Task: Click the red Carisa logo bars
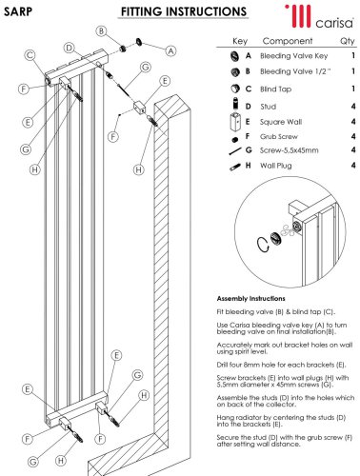tap(298, 16)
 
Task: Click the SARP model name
tap(18, 11)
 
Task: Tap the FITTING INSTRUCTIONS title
tap(184, 12)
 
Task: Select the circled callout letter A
tap(171, 50)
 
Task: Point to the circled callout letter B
tap(101, 31)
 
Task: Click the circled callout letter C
tap(30, 55)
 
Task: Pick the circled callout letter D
tap(69, 48)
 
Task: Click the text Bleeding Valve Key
tap(293, 56)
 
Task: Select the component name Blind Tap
tap(275, 89)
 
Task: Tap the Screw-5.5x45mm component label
tap(289, 150)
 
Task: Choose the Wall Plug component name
tap(275, 166)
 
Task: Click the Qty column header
tap(348, 41)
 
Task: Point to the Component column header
tap(288, 41)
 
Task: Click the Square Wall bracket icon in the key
tap(235, 121)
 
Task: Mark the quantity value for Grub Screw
tap(353, 136)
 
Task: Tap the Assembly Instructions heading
tap(250, 299)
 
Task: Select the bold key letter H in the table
tap(248, 166)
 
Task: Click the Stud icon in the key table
tap(235, 104)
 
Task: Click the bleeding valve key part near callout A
tap(139, 42)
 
